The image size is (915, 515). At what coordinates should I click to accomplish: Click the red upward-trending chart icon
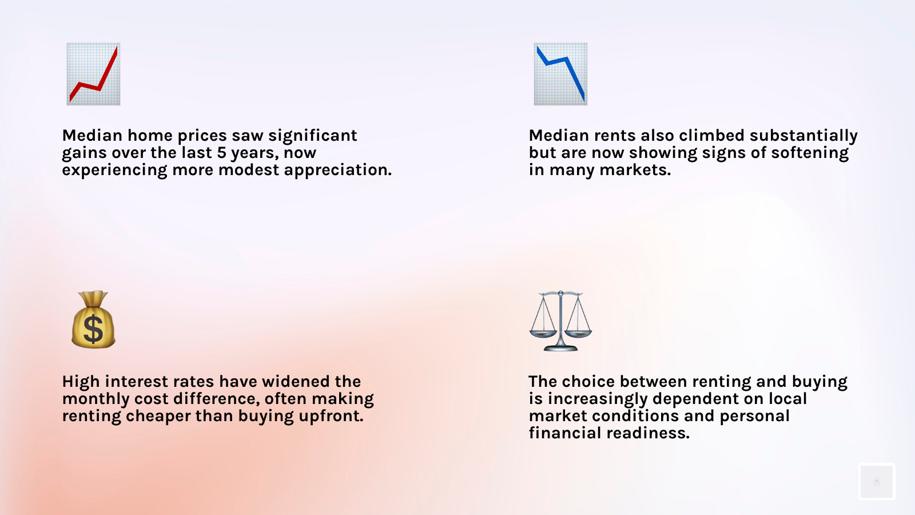pos(94,74)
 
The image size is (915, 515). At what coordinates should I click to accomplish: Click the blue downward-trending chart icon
pos(560,74)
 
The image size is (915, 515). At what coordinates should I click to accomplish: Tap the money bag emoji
pos(94,320)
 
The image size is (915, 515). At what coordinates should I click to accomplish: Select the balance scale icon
pos(560,321)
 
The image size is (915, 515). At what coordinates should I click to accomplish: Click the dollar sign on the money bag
pos(94,328)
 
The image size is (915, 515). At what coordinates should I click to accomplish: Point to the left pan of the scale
pos(543,334)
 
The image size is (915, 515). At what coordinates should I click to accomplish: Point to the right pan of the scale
pos(578,334)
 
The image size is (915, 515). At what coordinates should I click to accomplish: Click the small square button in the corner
pos(877,481)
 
